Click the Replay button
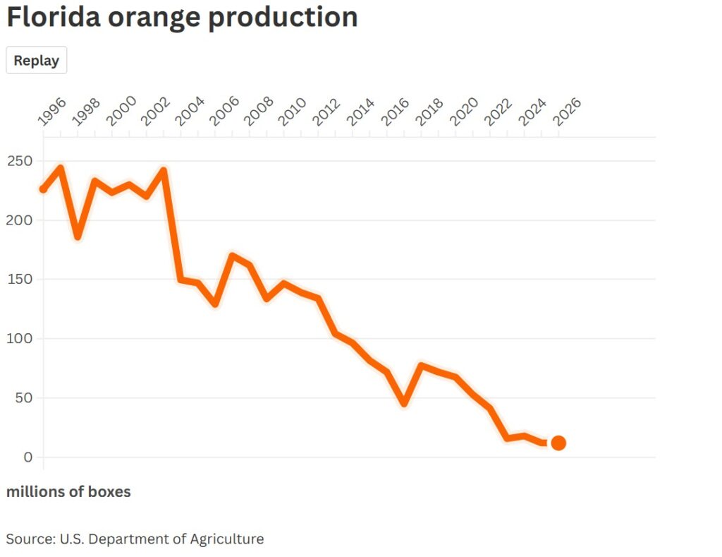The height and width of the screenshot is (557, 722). (x=37, y=61)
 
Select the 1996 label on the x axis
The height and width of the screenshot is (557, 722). (x=51, y=112)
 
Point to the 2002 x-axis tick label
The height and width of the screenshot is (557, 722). (x=155, y=112)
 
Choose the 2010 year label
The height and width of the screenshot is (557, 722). (x=293, y=112)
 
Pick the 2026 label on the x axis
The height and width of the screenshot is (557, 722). (x=568, y=112)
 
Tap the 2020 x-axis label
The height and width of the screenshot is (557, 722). (x=465, y=112)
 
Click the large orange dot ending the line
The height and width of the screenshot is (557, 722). (x=558, y=443)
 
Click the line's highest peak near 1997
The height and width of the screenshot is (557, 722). (x=61, y=168)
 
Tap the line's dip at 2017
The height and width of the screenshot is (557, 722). (x=404, y=403)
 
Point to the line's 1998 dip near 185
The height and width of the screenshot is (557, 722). (x=78, y=236)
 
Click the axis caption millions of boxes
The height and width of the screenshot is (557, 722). (x=68, y=492)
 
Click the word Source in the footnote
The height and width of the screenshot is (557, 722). (x=29, y=539)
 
